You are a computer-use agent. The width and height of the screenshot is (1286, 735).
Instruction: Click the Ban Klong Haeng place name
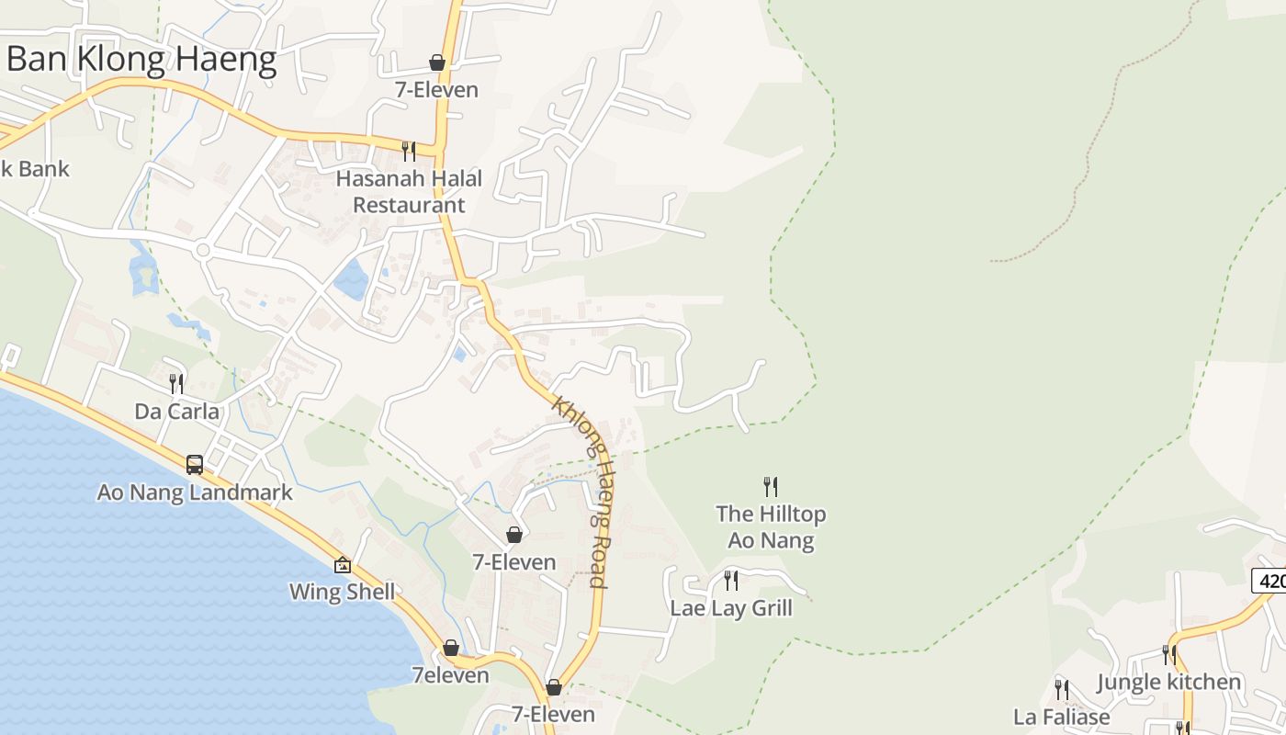click(141, 60)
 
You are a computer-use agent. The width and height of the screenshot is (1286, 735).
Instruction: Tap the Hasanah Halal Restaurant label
click(409, 191)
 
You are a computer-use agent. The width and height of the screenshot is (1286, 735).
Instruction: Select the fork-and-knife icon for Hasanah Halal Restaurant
click(409, 150)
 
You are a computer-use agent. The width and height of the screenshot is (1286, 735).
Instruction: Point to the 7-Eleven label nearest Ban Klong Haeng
click(437, 90)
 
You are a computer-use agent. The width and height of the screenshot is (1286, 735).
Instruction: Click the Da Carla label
click(177, 411)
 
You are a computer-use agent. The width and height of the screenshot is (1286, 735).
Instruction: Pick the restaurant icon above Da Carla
click(176, 383)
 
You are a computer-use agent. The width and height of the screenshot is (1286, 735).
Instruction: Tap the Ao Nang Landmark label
click(195, 492)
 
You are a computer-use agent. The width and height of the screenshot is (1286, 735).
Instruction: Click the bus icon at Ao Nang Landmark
click(195, 464)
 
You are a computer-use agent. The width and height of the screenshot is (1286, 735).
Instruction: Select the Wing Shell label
click(342, 592)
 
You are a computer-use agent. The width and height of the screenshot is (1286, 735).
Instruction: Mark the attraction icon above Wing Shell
click(343, 565)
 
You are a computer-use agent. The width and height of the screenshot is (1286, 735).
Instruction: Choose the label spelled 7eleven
click(450, 675)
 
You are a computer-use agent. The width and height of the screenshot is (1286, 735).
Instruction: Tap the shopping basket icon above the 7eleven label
click(451, 648)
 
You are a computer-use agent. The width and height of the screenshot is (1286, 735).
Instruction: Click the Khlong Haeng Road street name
click(581, 492)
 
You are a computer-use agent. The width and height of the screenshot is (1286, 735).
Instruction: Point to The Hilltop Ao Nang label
click(771, 526)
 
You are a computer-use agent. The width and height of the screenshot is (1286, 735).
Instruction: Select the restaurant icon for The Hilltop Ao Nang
click(771, 486)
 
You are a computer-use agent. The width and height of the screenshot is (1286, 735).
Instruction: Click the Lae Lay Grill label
click(731, 608)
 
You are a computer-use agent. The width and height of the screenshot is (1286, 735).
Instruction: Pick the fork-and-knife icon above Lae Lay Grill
click(731, 581)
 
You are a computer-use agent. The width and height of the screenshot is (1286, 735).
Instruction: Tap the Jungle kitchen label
click(1169, 682)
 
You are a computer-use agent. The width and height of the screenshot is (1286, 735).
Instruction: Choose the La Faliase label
click(1062, 717)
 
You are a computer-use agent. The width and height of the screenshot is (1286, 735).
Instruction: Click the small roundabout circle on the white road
click(203, 250)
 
